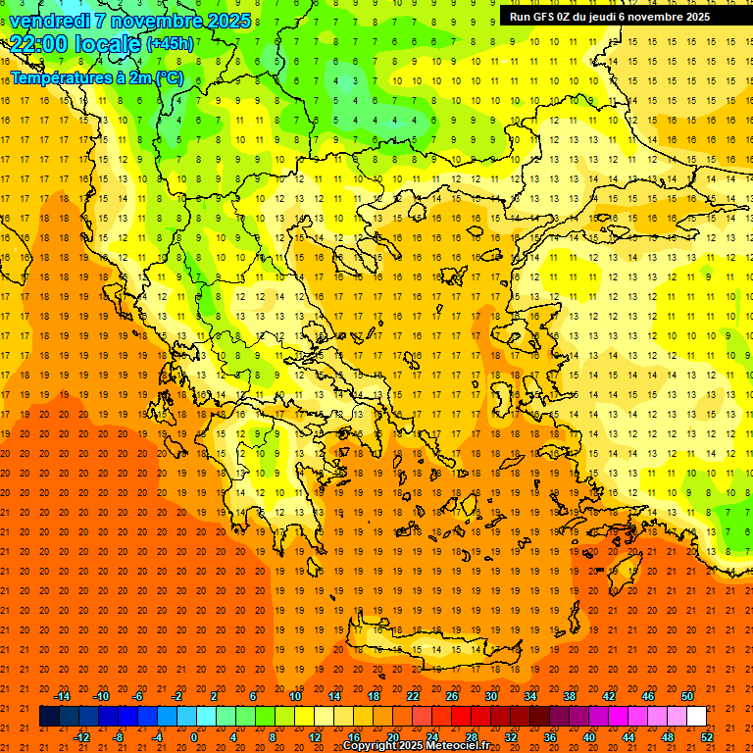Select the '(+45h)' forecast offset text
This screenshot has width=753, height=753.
click(170, 43)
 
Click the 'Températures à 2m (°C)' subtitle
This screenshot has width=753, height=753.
click(96, 76)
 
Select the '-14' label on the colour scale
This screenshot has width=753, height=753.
click(62, 696)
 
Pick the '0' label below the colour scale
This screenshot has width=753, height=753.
click(193, 736)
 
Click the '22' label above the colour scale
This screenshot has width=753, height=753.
click(413, 696)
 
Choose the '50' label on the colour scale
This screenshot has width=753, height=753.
click(687, 696)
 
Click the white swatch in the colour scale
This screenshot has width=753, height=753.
click(697, 717)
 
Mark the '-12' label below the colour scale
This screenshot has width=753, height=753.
click(81, 736)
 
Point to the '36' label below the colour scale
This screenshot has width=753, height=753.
click(550, 736)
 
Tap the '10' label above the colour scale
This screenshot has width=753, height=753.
click(295, 696)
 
